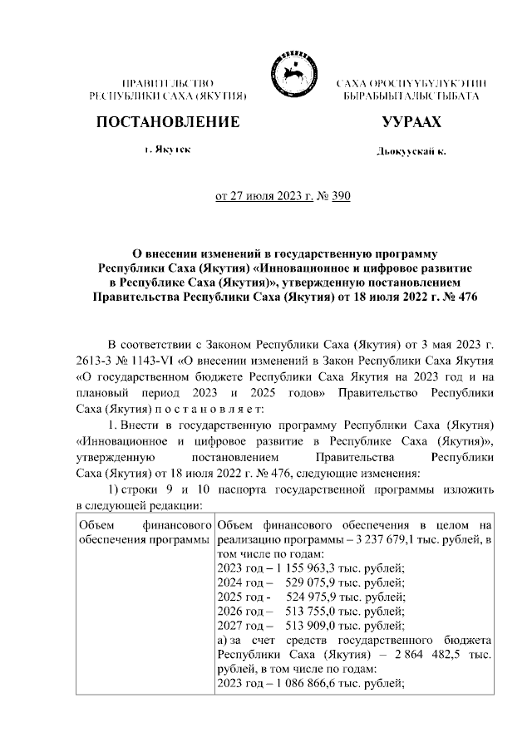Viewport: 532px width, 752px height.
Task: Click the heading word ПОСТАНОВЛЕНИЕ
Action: (169, 122)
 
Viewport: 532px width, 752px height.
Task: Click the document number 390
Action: (342, 196)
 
